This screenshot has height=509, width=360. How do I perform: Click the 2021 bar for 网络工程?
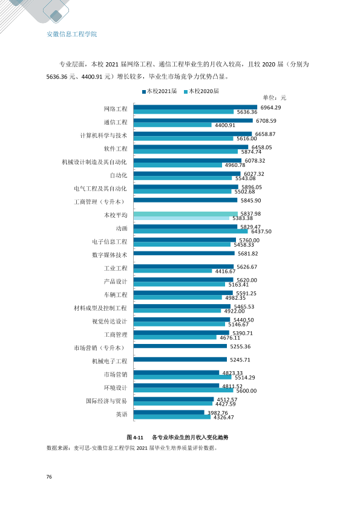pyautogui.click(x=195, y=107)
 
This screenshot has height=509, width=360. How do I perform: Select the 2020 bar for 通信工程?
pyautogui.click(x=172, y=125)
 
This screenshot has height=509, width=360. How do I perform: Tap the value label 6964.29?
pyautogui.click(x=270, y=108)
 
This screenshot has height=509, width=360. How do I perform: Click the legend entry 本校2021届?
pyautogui.click(x=160, y=91)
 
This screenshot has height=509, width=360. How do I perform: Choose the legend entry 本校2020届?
pyautogui.click(x=201, y=91)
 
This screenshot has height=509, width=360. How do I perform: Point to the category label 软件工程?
pyautogui.click(x=116, y=149)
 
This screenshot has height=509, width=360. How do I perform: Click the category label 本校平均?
pyautogui.click(x=116, y=215)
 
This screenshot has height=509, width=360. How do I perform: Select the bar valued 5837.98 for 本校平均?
pyautogui.click(x=186, y=213)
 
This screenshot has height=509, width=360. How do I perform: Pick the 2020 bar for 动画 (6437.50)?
pyautogui.click(x=191, y=231)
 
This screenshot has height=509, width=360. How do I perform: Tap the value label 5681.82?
pyautogui.click(x=248, y=253)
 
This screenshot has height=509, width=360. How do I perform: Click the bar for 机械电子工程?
pyautogui.click(x=180, y=359)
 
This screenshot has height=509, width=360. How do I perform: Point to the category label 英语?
pyautogui.click(x=122, y=414)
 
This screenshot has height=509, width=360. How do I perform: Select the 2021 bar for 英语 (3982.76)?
pyautogui.click(x=169, y=412)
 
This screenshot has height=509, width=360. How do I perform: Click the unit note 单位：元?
pyautogui.click(x=275, y=98)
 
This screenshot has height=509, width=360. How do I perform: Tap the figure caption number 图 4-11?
pyautogui.click(x=135, y=437)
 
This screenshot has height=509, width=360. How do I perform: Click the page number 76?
pyautogui.click(x=49, y=476)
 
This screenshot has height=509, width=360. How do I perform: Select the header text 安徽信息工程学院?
pyautogui.click(x=72, y=34)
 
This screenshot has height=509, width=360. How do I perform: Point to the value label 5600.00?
pyautogui.click(x=246, y=391)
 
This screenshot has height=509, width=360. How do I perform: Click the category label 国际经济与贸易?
pyautogui.click(x=106, y=401)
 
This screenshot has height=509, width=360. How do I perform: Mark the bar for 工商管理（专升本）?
pyautogui.click(x=186, y=200)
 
